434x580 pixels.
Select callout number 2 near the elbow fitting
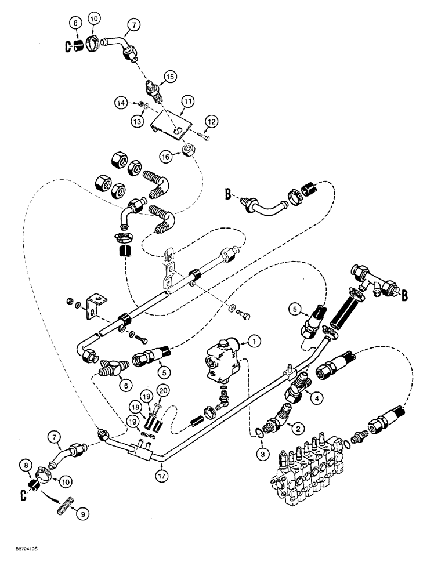[296, 428]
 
